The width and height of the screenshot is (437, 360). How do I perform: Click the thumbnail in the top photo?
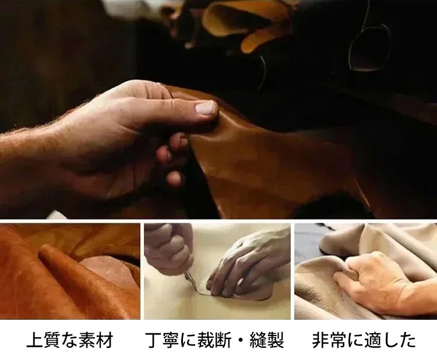pos(206,108)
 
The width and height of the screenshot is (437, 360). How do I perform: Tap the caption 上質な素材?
pos(70,340)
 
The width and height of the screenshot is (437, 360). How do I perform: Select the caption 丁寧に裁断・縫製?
pos(215,340)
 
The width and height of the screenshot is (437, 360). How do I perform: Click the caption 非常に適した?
pos(364,340)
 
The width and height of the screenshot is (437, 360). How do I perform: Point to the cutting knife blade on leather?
pos(192,284)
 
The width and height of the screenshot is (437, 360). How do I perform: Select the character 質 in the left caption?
pos(52,340)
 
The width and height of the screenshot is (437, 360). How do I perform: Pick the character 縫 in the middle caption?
pos(258,340)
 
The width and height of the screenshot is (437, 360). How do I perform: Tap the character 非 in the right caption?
pos(320,340)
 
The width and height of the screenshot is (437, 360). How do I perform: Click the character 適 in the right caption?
pos(372,340)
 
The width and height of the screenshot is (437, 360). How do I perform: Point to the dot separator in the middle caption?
pos(241,340)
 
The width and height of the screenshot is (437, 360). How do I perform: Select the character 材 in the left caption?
pos(104,340)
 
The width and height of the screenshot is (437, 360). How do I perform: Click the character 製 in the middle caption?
pos(276,340)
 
